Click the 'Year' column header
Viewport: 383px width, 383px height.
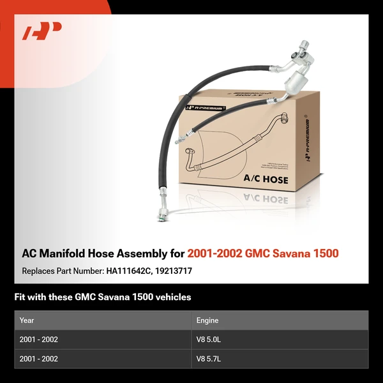coord(27,320)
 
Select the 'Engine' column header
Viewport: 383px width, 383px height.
coord(207,320)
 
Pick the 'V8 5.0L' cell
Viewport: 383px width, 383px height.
coord(209,340)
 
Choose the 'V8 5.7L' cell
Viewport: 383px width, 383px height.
coord(209,359)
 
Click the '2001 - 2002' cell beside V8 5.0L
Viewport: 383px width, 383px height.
coord(39,340)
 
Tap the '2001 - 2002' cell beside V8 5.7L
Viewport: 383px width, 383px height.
coord(39,359)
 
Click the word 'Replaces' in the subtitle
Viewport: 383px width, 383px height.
coord(37,271)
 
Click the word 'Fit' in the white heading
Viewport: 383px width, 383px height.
coord(20,297)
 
